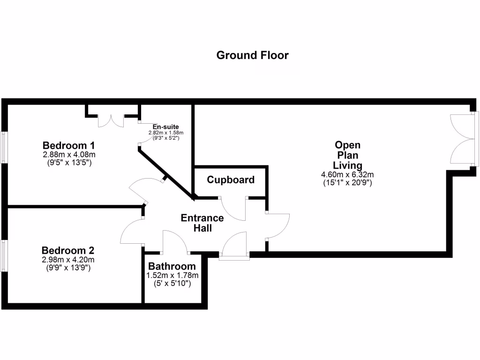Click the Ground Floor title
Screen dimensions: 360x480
[252, 55]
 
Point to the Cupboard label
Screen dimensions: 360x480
[231, 180]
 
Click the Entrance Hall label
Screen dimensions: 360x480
[202, 223]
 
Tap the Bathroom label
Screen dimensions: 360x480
[172, 267]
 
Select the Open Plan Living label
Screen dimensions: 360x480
[347, 155]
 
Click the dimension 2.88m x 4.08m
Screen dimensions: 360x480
[69, 154]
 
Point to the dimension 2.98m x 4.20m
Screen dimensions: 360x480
[68, 260]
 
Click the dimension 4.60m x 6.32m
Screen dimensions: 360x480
[347, 175]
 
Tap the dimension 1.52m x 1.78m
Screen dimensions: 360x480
[172, 276]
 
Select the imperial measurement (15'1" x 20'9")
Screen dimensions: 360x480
[347, 183]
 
